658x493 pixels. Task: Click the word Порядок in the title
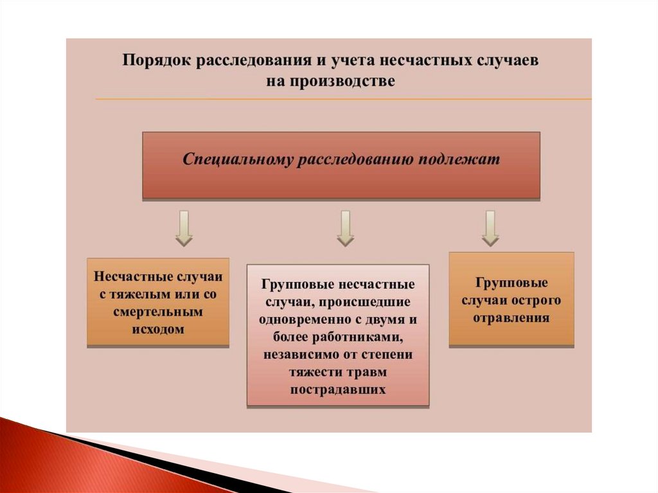[156, 61]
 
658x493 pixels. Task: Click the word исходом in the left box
[158, 330]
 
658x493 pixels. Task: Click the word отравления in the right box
[511, 318]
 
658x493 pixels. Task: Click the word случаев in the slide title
[506, 61]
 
